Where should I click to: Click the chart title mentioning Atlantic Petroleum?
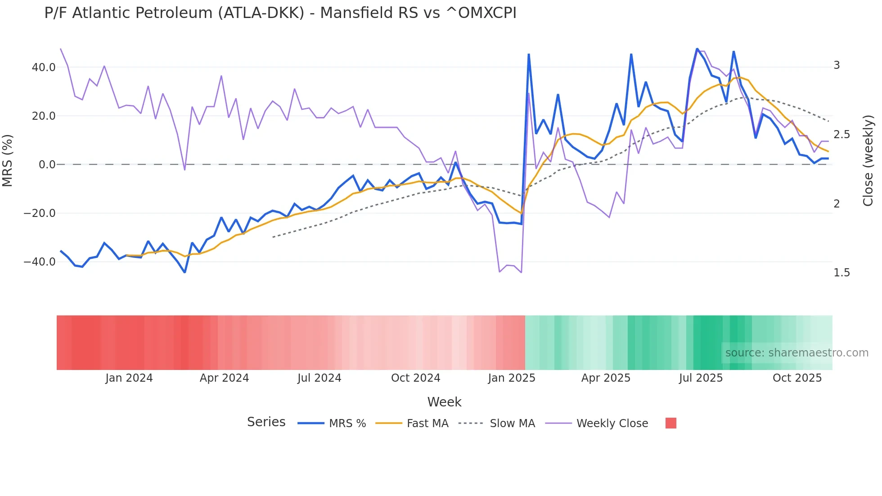tap(280, 13)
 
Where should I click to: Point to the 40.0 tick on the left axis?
tap(44, 68)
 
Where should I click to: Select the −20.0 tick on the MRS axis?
tap(40, 213)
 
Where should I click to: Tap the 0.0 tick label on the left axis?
tap(47, 165)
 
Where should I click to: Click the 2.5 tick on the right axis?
tap(841, 135)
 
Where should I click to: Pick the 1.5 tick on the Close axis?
tap(841, 273)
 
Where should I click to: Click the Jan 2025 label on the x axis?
tap(512, 378)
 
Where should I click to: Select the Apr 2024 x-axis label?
tap(224, 378)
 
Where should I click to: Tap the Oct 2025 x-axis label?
tap(797, 378)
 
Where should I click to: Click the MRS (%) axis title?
tap(8, 160)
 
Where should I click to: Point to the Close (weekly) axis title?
tap(868, 161)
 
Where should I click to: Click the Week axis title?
tap(444, 402)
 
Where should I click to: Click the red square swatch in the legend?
tap(670, 423)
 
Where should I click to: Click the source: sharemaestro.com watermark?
tap(796, 353)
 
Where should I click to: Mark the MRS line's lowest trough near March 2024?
tap(184, 272)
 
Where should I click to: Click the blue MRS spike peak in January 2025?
tap(529, 54)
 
